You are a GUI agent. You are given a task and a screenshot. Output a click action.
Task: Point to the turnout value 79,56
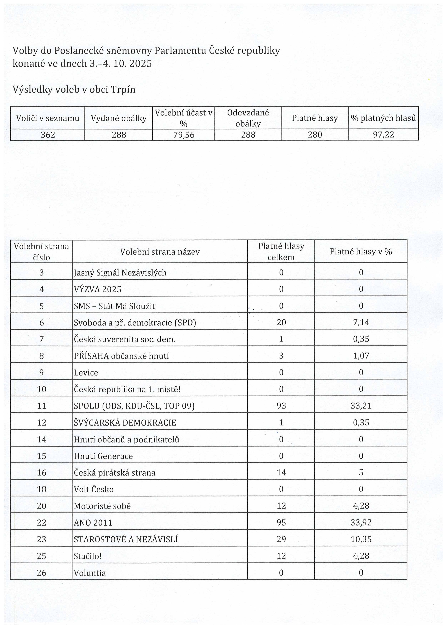tap(184, 135)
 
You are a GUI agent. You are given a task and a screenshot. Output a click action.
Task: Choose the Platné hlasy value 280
tap(315, 135)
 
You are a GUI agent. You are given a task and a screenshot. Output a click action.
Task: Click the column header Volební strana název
tap(160, 252)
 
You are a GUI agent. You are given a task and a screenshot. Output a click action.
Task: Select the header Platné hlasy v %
tap(361, 251)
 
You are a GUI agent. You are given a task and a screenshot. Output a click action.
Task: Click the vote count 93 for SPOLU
tap(281, 406)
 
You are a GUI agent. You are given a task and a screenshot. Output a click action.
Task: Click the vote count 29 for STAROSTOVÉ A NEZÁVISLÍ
tap(281, 539)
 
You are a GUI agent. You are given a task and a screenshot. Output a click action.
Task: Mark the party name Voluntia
tap(90, 573)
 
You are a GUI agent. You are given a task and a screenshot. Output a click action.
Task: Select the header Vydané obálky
tap(118, 118)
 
